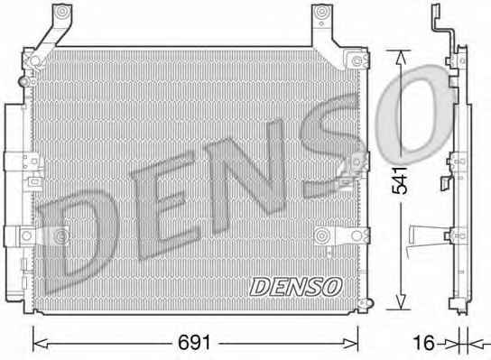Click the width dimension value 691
[194, 343]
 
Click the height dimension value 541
[401, 180]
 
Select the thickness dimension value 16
[423, 343]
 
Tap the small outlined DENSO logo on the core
[296, 286]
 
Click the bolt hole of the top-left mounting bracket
[62, 12]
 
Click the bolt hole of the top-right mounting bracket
[321, 13]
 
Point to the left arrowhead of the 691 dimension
[40, 344]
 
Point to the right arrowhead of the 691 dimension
[351, 344]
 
